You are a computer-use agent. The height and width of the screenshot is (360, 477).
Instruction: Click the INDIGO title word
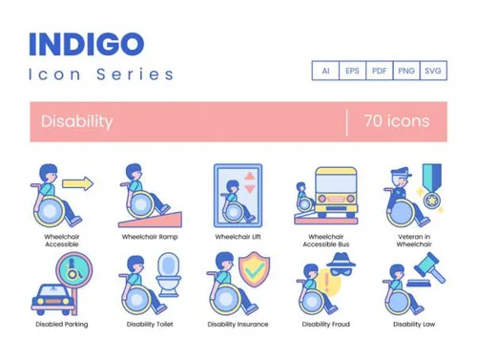click(87, 44)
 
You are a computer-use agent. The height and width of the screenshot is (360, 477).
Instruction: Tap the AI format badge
click(325, 72)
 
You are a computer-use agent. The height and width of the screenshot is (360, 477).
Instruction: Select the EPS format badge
click(352, 72)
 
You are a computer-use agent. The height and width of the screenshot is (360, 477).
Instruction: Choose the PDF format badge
click(379, 72)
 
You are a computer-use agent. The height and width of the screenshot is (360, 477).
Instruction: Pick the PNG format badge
click(406, 72)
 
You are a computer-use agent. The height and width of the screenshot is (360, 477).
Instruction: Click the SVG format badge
click(433, 72)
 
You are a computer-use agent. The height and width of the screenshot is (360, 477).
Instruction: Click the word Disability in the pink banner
click(77, 121)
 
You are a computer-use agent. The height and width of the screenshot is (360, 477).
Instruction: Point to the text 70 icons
click(396, 121)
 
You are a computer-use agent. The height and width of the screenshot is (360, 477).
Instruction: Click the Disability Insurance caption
click(237, 324)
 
